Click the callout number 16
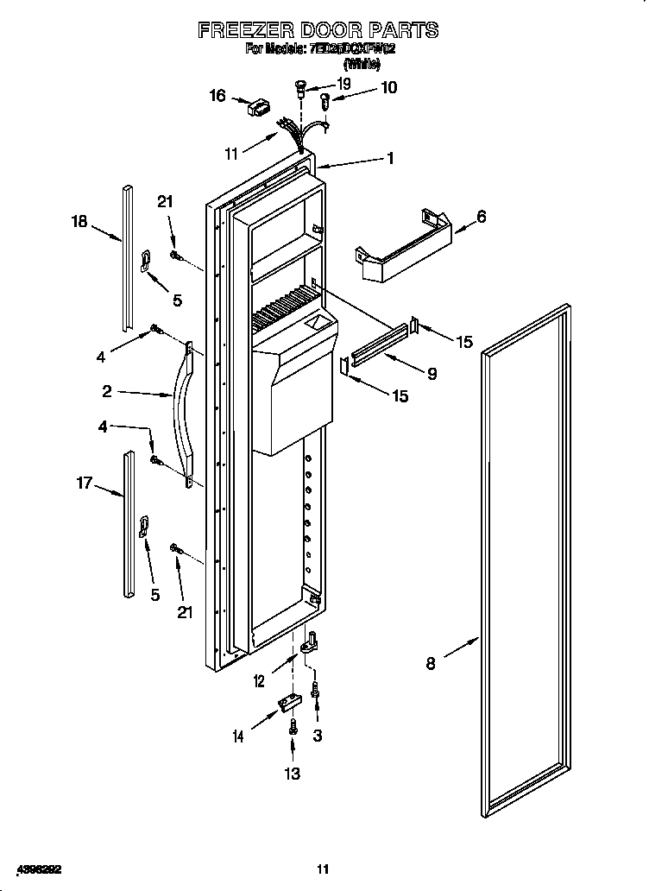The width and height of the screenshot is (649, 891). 217,95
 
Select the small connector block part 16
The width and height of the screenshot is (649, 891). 258,110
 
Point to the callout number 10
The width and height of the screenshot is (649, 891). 388,87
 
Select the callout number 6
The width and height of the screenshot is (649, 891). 481,217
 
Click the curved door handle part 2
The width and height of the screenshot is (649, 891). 183,414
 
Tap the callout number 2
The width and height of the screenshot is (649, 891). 107,391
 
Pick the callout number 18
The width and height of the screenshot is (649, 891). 79,222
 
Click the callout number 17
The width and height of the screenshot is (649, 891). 85,484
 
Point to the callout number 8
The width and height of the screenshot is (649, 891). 430,663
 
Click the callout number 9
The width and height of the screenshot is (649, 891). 432,373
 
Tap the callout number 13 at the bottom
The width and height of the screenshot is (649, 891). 293,774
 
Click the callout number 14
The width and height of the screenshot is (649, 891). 238,736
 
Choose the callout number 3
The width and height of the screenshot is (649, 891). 318,736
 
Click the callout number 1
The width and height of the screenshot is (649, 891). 390,158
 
